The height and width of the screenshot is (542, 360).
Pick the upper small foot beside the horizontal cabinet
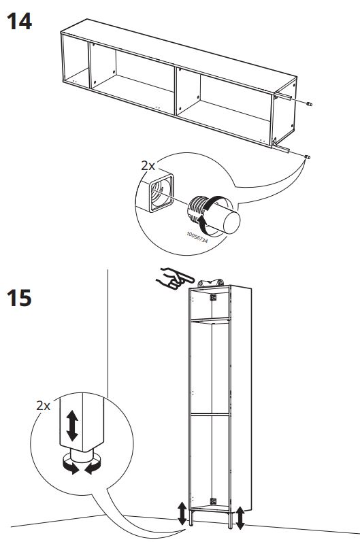pos(310,105)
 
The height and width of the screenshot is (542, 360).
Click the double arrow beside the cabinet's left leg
pos(182,513)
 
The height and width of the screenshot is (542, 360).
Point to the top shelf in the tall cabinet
pos(212,320)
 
